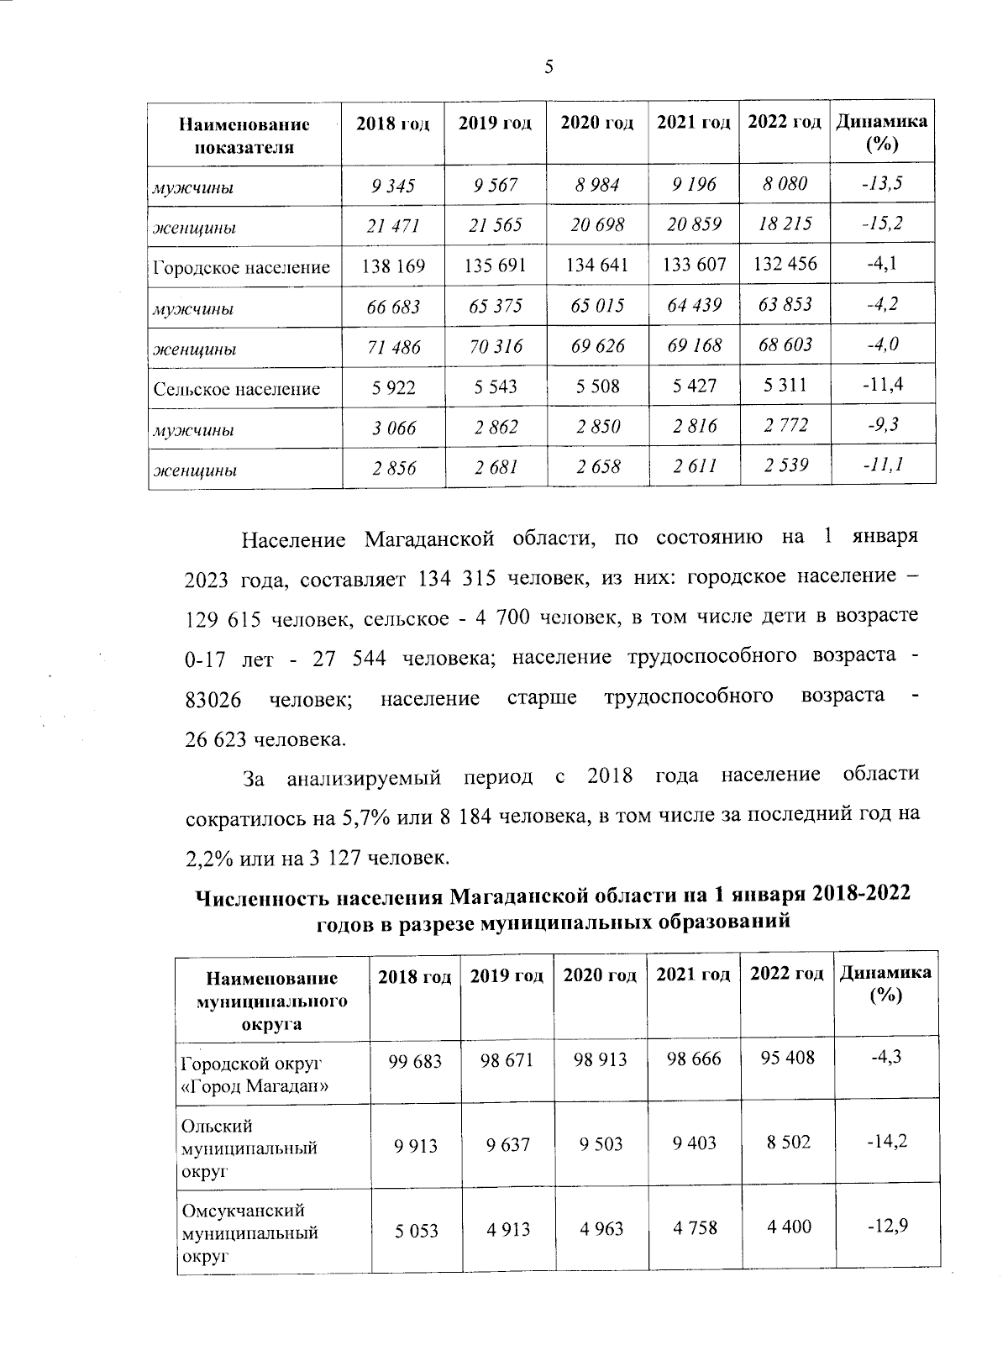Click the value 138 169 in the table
pos(393,266)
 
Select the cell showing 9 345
pos(393,186)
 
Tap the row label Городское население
pos(242,268)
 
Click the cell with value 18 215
pos(785,224)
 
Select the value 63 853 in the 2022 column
pos(785,304)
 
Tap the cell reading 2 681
pos(496,467)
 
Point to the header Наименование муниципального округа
pos(272,1001)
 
